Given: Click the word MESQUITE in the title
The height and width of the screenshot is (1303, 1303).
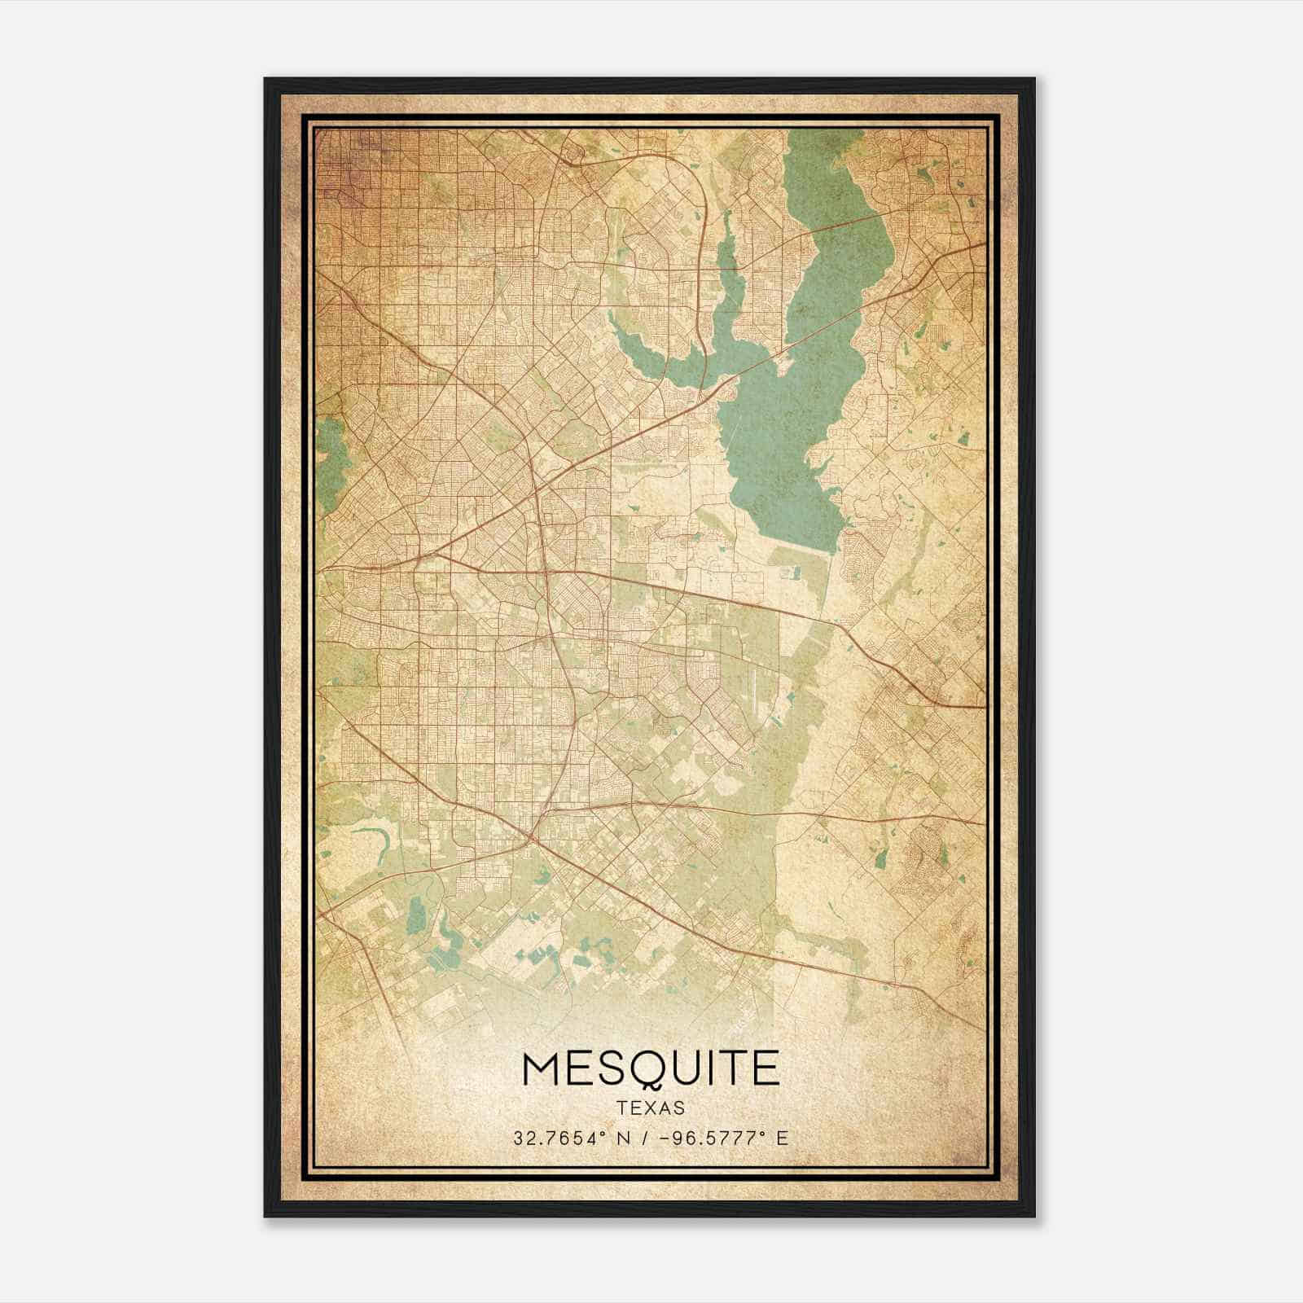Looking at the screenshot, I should (651, 1068).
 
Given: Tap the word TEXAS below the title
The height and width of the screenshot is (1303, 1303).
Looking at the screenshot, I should (651, 1108).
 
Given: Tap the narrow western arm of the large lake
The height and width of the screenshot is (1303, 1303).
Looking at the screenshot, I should (651, 358).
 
